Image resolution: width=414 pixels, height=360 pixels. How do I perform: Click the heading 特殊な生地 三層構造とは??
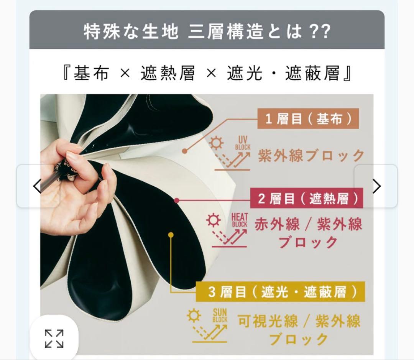click(x=207, y=31)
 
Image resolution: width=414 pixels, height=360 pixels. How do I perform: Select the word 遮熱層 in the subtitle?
click(x=168, y=72)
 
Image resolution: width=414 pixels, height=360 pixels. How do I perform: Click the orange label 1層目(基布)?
click(x=308, y=119)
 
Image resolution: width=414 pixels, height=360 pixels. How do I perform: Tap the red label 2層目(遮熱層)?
click(x=307, y=199)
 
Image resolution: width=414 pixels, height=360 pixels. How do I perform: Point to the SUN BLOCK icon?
click(x=209, y=324)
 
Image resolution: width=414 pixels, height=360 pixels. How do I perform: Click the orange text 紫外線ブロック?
click(x=311, y=156)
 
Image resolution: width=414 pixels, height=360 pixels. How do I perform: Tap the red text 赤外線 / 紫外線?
click(x=308, y=224)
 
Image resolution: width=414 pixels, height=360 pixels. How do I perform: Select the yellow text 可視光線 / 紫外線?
click(x=299, y=321)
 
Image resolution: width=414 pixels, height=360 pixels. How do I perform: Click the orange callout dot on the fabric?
click(x=185, y=151)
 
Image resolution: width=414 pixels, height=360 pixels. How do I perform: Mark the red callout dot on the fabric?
click(x=176, y=200)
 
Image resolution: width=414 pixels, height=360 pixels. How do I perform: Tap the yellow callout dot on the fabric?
click(x=171, y=235)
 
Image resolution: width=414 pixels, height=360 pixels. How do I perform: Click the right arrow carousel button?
click(x=376, y=186)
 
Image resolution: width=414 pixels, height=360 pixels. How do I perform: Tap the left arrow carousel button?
click(x=38, y=186)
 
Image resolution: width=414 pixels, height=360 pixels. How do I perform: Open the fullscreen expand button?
click(x=54, y=339)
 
